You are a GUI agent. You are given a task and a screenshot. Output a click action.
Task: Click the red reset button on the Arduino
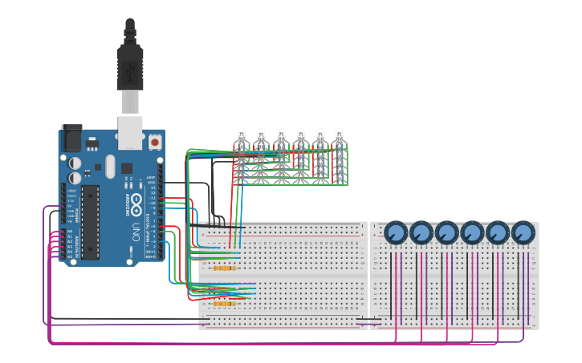coord(154,142)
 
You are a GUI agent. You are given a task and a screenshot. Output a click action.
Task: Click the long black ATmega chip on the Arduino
coord(90,221)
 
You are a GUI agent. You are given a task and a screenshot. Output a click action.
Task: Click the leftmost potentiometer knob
coord(396,233)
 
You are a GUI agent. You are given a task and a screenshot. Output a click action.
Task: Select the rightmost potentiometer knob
coord(523,233)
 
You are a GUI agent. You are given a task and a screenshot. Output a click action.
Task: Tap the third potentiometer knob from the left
coord(447,233)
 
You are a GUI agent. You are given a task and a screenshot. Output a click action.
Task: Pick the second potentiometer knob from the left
coord(421,233)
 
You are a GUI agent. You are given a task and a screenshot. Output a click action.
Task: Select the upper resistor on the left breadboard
coord(225,268)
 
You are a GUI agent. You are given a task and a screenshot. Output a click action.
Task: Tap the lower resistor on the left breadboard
coord(225,304)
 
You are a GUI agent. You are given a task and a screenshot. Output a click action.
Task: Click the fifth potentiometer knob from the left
coord(498,233)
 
